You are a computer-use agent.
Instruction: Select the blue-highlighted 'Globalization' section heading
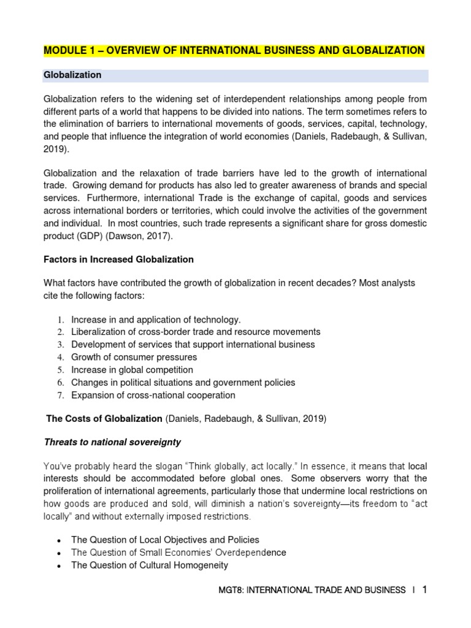72,75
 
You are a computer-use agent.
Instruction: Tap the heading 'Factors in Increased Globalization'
118,259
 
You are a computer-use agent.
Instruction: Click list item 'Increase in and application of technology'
156,320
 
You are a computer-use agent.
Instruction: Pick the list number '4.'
61,358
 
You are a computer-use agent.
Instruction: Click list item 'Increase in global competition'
132,370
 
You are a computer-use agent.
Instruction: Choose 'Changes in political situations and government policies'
183,383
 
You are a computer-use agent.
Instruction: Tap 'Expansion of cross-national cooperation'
153,395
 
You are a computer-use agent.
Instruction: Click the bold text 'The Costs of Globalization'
105,419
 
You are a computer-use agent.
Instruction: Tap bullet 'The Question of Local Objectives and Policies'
165,540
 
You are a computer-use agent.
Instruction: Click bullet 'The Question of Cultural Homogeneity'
150,565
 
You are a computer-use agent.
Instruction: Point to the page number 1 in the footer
424,590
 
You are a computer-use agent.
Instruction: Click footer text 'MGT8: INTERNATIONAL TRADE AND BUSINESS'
312,591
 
